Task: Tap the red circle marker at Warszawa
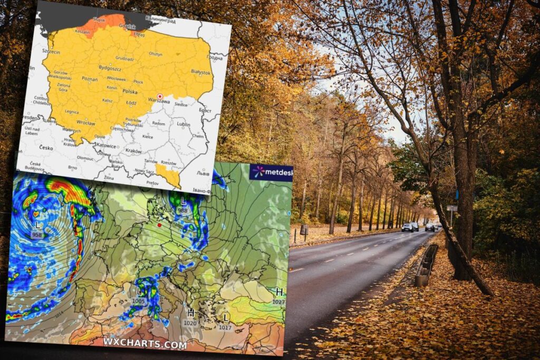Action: click(160, 96)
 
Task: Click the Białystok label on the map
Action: click(201, 72)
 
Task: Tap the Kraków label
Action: click(133, 151)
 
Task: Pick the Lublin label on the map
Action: click(184, 124)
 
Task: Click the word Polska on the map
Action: click(130, 91)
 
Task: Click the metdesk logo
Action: click(271, 172)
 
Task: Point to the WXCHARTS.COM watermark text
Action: click(144, 344)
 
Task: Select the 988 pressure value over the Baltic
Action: click(182, 210)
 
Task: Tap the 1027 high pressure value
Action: click(279, 301)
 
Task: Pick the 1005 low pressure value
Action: click(139, 301)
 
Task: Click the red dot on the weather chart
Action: click(159, 225)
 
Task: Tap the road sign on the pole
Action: click(451, 208)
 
